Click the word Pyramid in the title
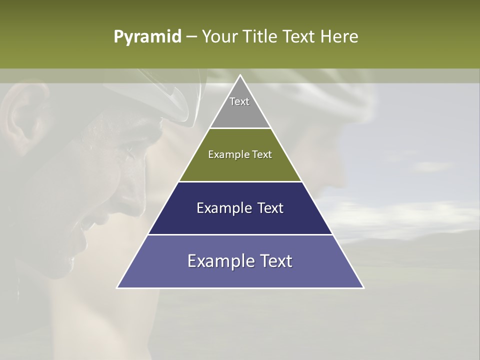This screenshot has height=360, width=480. tap(147, 37)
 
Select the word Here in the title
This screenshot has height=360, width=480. tap(339, 37)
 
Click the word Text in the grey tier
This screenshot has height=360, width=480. tap(239, 101)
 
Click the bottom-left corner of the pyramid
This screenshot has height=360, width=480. tap(117, 287)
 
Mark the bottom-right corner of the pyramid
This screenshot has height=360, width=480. tap(363, 287)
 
